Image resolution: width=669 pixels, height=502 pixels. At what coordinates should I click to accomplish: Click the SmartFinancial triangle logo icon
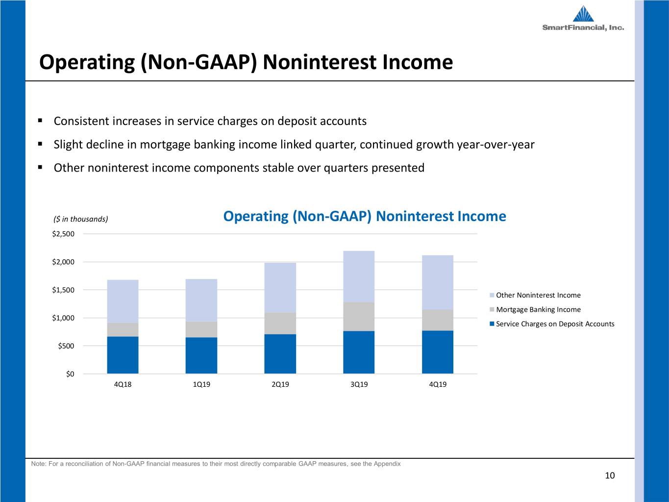583,14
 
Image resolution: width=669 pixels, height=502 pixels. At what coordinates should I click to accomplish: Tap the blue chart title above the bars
365,216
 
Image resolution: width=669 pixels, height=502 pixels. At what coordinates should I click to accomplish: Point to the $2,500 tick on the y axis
63,234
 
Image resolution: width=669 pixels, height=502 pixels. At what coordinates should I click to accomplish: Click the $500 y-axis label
66,346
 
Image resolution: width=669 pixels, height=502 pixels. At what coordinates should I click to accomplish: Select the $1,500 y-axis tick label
63,290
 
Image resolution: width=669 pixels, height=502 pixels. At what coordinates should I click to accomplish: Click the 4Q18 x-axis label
123,384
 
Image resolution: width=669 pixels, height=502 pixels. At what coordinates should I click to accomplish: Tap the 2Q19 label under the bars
280,384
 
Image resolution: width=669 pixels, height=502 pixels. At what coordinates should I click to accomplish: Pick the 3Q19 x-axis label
359,384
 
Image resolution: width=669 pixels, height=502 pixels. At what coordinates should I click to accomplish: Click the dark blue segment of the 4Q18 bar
123,355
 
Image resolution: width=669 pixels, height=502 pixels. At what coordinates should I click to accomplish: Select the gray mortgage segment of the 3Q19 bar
359,317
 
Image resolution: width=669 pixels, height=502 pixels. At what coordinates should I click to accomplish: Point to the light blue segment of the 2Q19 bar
280,288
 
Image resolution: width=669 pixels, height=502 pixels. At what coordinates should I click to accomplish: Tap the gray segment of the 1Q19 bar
201,329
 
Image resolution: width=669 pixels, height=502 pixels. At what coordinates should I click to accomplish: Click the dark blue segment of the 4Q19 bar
438,352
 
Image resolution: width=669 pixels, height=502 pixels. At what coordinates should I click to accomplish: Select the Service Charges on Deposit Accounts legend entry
552,324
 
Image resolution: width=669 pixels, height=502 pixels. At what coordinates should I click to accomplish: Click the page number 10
610,476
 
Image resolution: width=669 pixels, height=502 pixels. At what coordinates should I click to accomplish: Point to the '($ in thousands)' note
81,219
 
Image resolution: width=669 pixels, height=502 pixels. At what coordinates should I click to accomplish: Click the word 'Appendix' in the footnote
387,464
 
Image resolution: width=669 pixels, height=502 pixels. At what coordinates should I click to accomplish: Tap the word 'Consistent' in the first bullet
81,121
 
